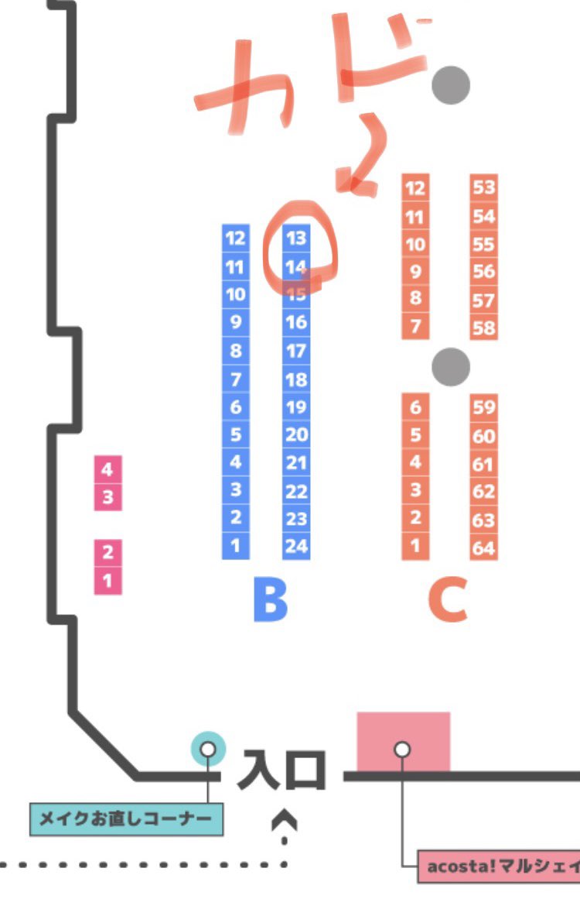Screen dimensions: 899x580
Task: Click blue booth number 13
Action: point(296,238)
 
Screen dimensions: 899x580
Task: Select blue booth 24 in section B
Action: point(296,546)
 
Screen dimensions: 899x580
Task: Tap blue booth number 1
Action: point(236,545)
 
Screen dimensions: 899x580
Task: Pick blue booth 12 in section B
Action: point(236,238)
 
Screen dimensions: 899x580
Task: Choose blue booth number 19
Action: point(296,407)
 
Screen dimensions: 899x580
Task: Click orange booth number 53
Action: point(483,187)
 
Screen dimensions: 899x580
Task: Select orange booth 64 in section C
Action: point(483,548)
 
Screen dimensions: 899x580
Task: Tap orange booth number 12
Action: point(415,187)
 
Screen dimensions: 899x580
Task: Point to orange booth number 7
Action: point(415,326)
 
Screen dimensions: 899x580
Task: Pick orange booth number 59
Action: point(483,407)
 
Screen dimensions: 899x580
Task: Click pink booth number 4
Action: point(107,469)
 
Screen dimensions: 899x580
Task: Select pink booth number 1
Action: point(107,580)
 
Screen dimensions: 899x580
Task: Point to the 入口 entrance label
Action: point(281,770)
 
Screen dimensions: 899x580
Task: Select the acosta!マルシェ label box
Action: point(499,866)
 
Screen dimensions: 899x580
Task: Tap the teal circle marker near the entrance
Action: point(208,749)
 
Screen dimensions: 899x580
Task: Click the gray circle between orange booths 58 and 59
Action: point(451,364)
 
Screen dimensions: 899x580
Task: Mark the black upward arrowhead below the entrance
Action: point(285,818)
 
